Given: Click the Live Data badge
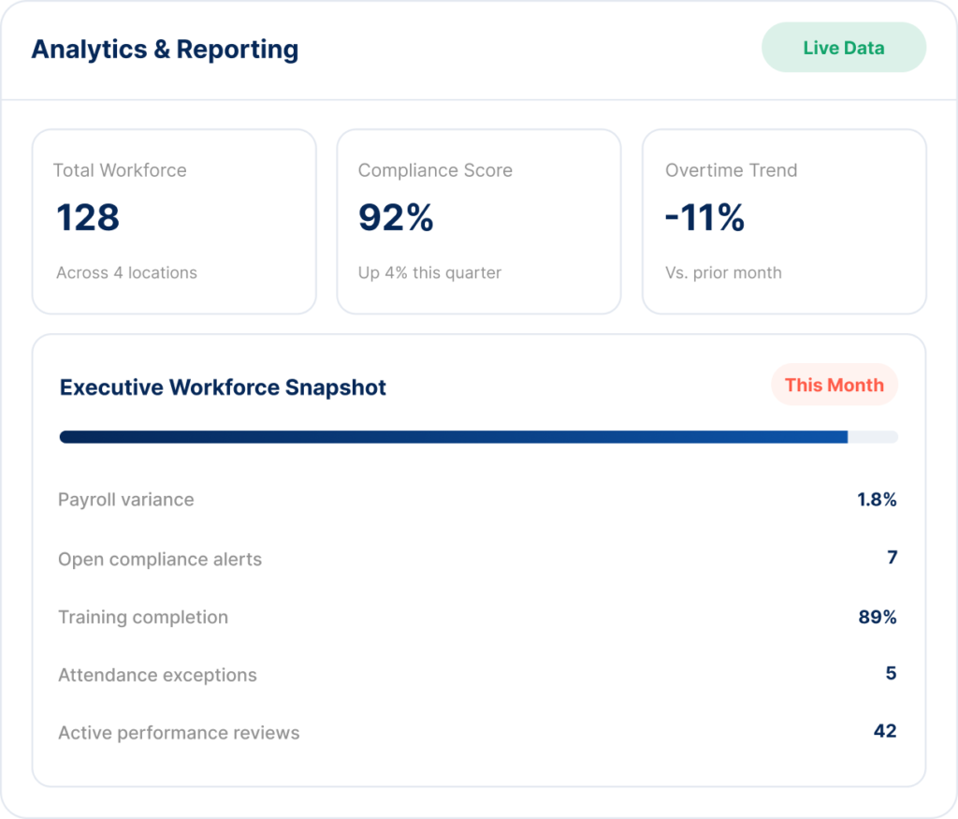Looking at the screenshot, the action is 844,48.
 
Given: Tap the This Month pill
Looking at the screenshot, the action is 834,385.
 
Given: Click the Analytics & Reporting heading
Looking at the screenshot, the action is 165,50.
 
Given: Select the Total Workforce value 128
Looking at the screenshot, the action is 88,217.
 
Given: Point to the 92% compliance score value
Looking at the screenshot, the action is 396,217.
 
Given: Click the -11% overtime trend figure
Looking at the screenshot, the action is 705,217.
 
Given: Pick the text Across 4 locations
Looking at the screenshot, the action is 127,272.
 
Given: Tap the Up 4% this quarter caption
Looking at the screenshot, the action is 429,272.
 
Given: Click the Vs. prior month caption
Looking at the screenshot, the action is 723,272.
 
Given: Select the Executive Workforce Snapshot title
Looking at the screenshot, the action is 223,388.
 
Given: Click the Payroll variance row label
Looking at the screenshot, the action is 126,500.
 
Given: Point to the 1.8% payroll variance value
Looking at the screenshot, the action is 877,500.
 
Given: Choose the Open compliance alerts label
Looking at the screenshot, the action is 160,559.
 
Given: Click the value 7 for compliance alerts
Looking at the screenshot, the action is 892,558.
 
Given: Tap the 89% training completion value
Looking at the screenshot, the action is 878,618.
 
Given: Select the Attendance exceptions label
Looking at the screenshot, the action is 157,675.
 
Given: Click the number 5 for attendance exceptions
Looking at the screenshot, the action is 892,674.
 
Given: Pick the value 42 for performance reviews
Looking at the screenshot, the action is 885,731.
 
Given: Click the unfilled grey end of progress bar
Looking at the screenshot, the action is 873,437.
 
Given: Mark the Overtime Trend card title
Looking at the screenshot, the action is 732,170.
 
